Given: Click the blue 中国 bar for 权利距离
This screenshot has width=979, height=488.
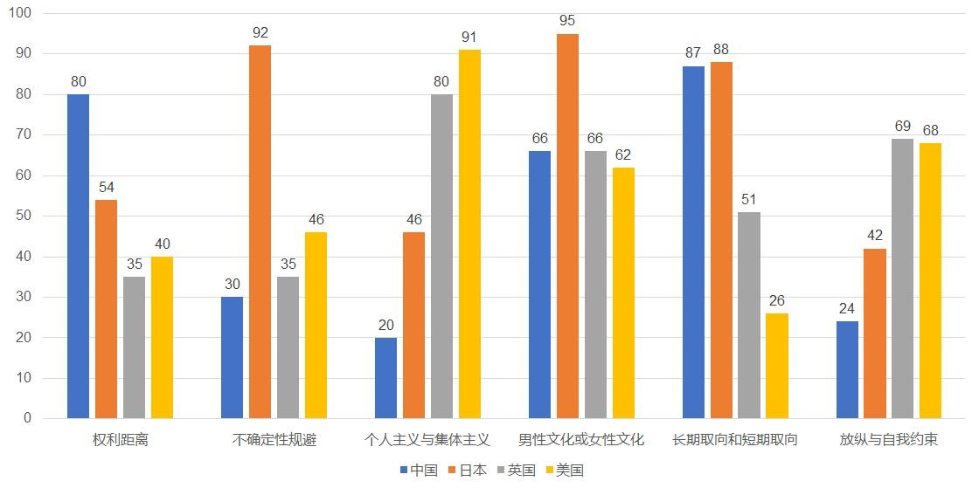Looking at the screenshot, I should (x=78, y=256).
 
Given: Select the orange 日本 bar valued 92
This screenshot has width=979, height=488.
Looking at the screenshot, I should (x=260, y=231).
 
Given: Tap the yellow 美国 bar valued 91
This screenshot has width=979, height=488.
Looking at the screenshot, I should (x=469, y=234).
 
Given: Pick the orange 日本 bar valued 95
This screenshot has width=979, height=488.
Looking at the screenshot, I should (x=567, y=225).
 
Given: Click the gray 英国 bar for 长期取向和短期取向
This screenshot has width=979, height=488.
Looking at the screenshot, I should (x=749, y=315).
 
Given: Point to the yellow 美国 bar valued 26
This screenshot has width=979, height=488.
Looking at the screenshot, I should (x=777, y=366).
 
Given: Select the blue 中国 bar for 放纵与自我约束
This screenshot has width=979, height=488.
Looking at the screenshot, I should (x=847, y=369).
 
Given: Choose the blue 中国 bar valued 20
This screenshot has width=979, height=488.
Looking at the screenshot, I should (x=385, y=378).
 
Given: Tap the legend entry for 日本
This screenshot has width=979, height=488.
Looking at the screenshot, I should (x=467, y=470).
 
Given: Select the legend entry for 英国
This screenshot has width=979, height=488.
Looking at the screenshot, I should (x=516, y=470).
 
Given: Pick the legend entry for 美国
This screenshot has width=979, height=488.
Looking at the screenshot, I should (x=564, y=470).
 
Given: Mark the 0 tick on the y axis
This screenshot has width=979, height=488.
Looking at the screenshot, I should (x=26, y=418).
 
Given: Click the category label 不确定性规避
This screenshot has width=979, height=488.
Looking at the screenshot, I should (x=274, y=440).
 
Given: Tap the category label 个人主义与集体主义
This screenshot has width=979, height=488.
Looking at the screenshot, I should (x=427, y=440).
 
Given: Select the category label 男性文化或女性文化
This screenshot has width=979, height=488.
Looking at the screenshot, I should (x=581, y=440).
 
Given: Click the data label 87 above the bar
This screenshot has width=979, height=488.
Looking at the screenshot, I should (x=693, y=52).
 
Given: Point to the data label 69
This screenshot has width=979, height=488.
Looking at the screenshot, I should (x=903, y=126).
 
